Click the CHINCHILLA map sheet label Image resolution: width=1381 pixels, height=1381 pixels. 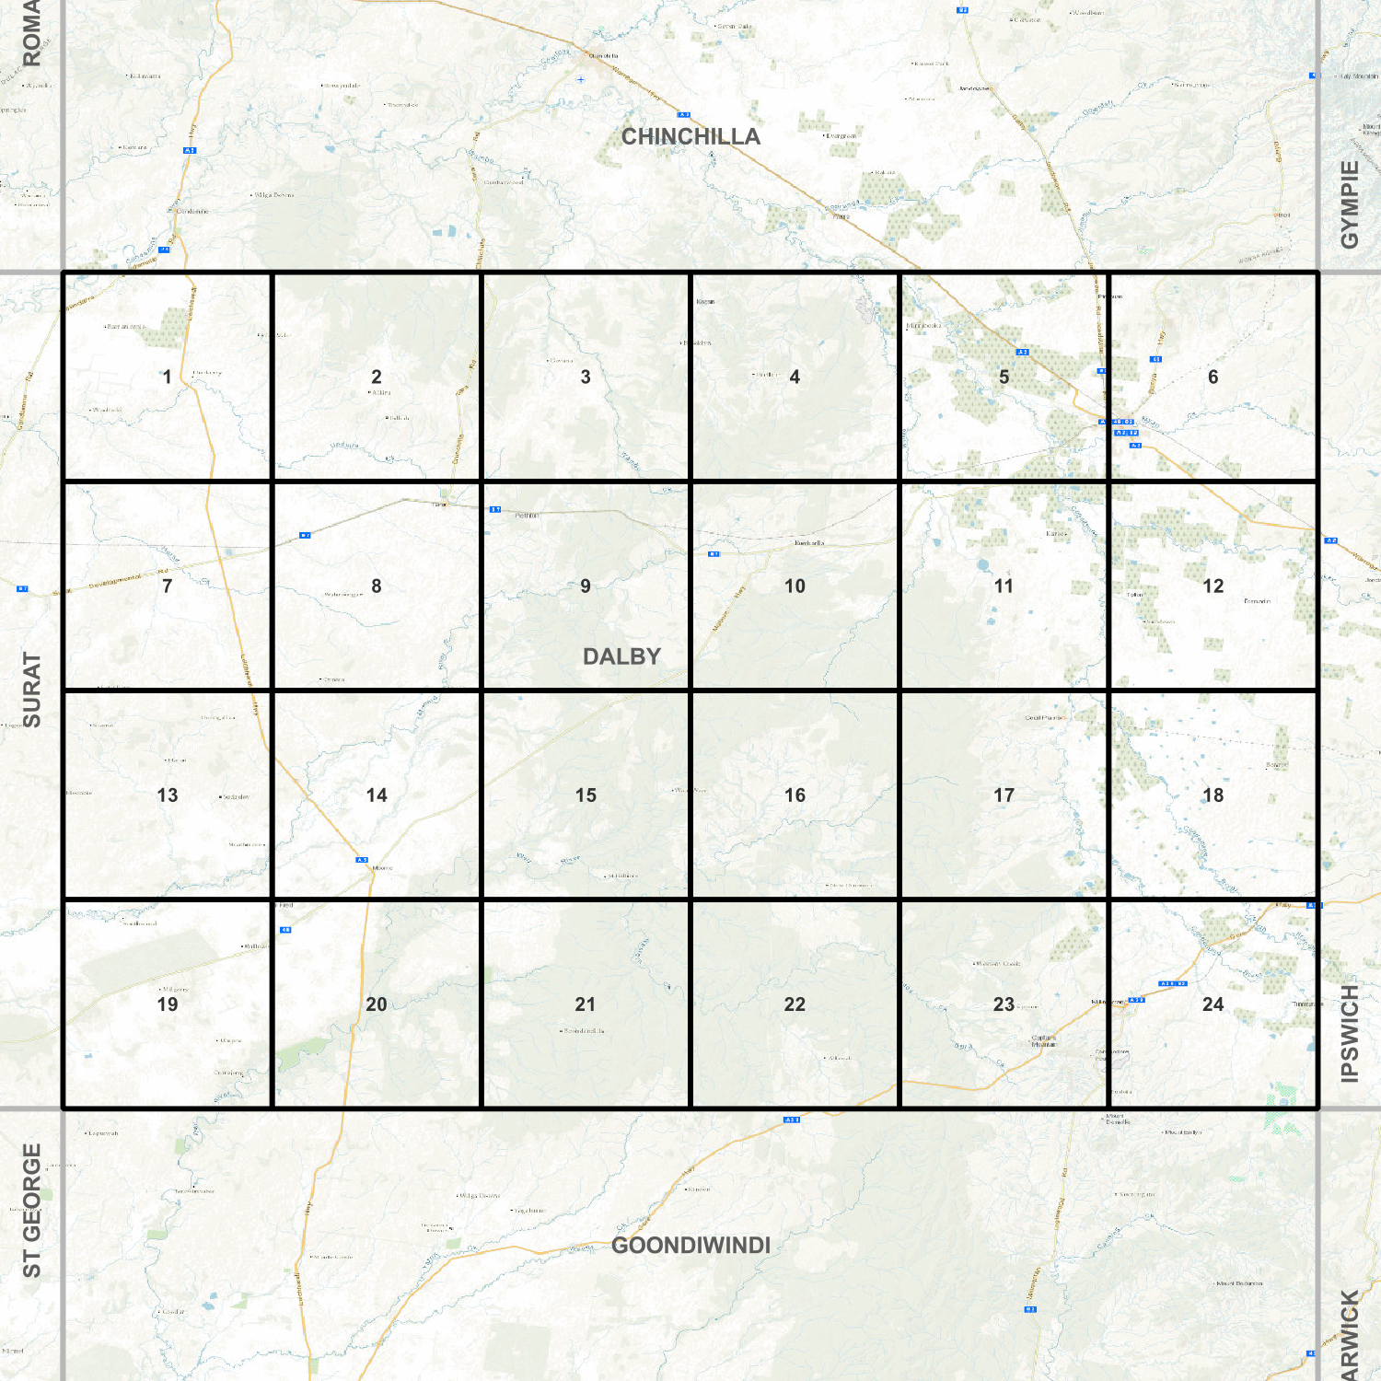click(x=690, y=136)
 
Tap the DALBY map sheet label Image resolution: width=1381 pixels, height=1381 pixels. click(x=621, y=656)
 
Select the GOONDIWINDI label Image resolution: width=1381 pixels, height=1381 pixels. click(x=690, y=1245)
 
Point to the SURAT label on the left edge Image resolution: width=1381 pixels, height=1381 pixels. click(x=31, y=690)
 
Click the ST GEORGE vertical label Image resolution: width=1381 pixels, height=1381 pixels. click(x=31, y=1211)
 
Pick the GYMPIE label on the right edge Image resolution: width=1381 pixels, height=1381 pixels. click(x=1350, y=204)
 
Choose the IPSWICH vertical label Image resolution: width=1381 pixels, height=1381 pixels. click(x=1350, y=1033)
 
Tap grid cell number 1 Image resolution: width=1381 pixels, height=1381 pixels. click(x=167, y=377)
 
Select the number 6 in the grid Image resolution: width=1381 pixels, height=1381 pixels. click(x=1213, y=377)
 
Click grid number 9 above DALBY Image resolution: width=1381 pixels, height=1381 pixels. click(x=586, y=586)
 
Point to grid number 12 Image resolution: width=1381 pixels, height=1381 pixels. click(x=1213, y=586)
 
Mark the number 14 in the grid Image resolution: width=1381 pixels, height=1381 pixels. click(x=377, y=795)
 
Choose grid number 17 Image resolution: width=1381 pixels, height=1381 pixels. click(x=1004, y=795)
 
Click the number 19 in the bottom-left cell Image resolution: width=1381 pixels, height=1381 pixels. click(x=167, y=1004)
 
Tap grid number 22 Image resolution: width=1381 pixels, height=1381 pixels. click(x=795, y=1004)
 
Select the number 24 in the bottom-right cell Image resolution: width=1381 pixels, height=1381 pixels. click(x=1213, y=1004)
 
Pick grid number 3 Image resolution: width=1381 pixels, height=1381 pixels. click(x=586, y=377)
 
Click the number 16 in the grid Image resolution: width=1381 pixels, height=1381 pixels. click(x=795, y=795)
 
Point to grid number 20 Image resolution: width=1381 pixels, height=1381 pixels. click(x=377, y=1004)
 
